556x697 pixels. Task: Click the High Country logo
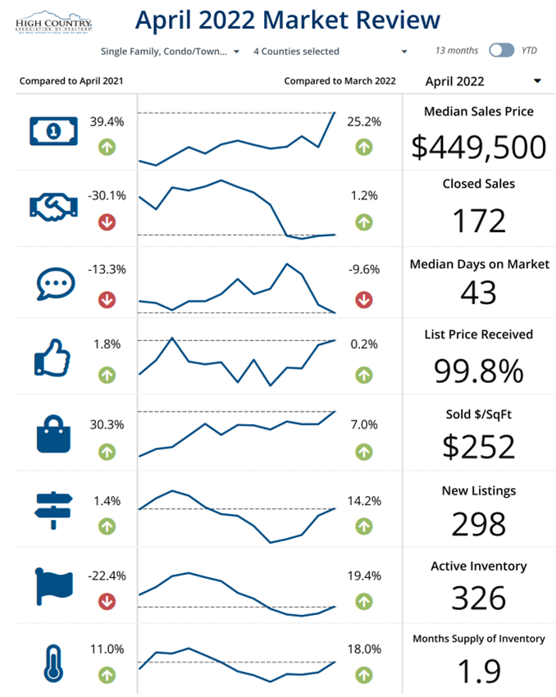click(54, 22)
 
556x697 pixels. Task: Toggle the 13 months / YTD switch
click(501, 50)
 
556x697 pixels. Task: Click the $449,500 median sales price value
click(479, 147)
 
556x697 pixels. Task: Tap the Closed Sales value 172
click(479, 221)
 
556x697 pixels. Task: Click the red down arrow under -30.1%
click(107, 221)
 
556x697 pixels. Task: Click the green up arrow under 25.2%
click(364, 147)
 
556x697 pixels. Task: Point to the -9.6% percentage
click(364, 269)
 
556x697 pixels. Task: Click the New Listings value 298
click(479, 522)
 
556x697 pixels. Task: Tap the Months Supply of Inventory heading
click(479, 639)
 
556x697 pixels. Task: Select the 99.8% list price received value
click(479, 371)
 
